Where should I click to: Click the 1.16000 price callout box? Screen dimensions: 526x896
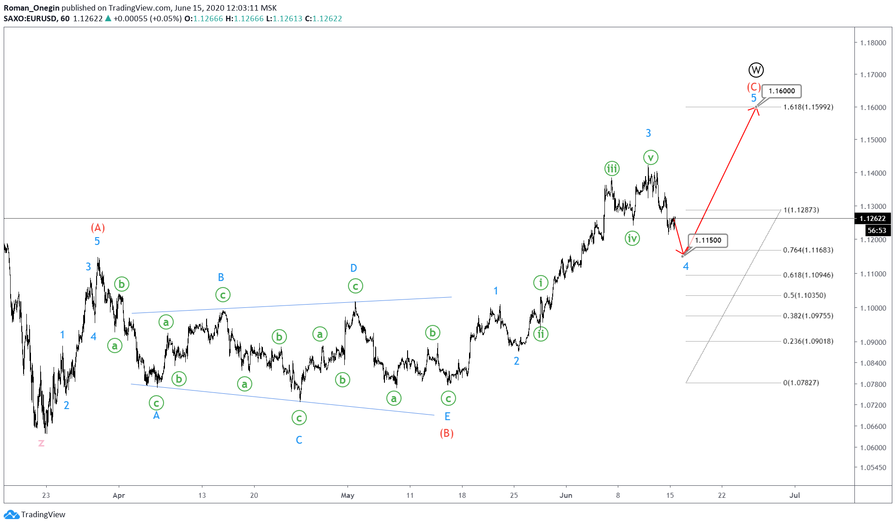[781, 91]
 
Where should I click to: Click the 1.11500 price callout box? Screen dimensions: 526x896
[708, 240]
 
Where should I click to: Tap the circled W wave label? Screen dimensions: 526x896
[756, 70]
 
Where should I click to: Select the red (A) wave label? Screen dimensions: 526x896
[98, 227]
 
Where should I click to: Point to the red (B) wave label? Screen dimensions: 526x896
[446, 433]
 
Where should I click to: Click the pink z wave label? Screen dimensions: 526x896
[41, 443]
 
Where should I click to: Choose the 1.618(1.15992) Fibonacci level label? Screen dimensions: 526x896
[808, 107]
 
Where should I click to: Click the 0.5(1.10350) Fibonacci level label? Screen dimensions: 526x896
[804, 295]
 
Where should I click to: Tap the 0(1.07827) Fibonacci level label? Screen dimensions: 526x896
[801, 383]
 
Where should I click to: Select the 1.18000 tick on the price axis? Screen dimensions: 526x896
[873, 43]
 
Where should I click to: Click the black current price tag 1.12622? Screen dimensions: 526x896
[872, 219]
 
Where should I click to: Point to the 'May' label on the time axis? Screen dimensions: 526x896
[347, 495]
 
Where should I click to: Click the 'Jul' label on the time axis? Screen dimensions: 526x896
[794, 495]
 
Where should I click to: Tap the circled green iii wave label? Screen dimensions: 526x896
[612, 169]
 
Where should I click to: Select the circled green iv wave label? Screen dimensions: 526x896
[632, 239]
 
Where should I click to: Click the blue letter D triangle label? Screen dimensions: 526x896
[354, 268]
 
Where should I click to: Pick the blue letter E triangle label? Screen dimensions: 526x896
[447, 416]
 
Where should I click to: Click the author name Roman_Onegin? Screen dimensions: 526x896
[31, 8]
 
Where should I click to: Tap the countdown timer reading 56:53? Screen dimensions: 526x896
[877, 230]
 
